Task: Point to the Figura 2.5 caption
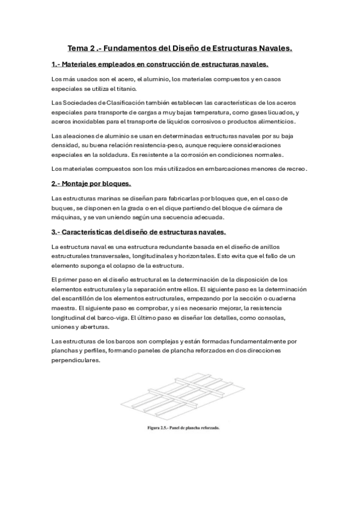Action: [x=183, y=429]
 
